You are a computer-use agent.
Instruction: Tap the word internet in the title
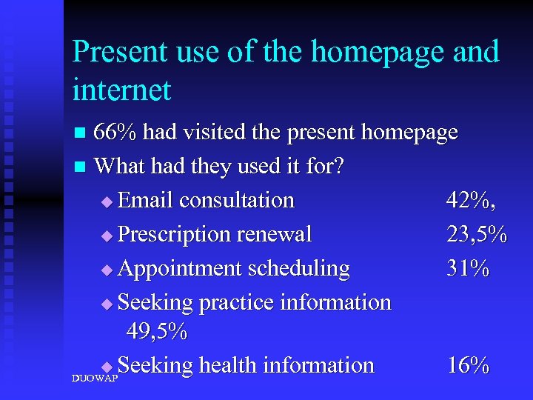pos(121,90)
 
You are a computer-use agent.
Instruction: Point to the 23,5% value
pos(477,234)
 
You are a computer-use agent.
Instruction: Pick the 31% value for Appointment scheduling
pos(467,268)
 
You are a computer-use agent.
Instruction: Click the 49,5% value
pos(157,331)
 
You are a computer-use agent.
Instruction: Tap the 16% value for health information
pos(468,365)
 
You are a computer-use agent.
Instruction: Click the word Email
pos(145,200)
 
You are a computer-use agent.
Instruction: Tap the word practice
pos(241,302)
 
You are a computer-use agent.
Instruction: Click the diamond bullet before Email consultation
pos(107,201)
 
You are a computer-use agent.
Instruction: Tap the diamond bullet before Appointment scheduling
pos(107,270)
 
